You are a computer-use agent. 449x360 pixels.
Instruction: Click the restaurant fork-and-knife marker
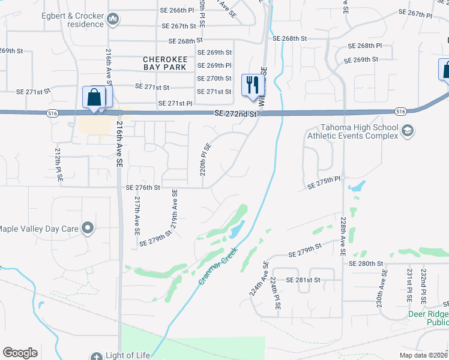[253, 85]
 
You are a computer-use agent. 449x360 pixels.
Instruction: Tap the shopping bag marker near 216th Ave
[95, 97]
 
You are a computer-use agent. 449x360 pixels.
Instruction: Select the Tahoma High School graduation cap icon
[408, 131]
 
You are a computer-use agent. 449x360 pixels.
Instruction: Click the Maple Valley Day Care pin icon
[88, 227]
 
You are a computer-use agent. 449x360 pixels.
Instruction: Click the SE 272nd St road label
[235, 113]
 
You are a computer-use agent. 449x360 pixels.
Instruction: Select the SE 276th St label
[143, 187]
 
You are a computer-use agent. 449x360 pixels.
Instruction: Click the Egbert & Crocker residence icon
[113, 20]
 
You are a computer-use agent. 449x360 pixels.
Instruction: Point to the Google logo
[20, 353]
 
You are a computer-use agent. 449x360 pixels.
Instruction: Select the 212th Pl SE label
[59, 167]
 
